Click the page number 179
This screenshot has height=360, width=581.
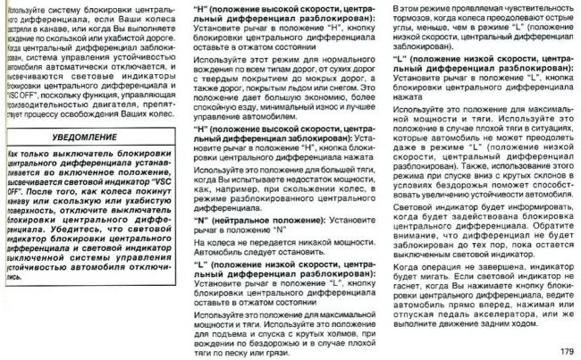click(x=565, y=348)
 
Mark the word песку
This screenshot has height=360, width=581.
click(x=248, y=352)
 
